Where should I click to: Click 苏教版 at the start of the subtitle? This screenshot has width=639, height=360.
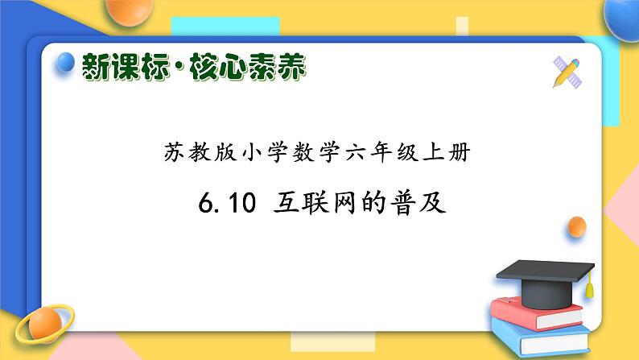click(188, 154)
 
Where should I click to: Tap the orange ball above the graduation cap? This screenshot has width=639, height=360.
click(576, 227)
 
